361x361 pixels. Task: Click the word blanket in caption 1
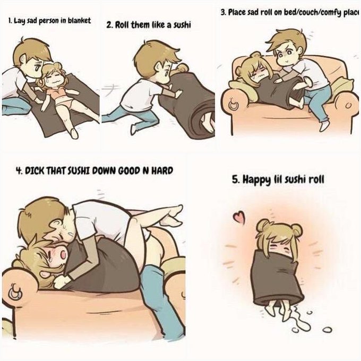(x=80, y=21)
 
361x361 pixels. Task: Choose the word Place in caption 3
(x=237, y=12)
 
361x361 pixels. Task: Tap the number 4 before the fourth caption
(x=18, y=171)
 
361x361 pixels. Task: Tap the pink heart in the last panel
(x=239, y=217)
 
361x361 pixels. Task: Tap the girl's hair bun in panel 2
(x=182, y=68)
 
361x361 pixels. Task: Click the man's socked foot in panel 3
(x=324, y=125)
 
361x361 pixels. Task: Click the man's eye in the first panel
(x=37, y=68)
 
